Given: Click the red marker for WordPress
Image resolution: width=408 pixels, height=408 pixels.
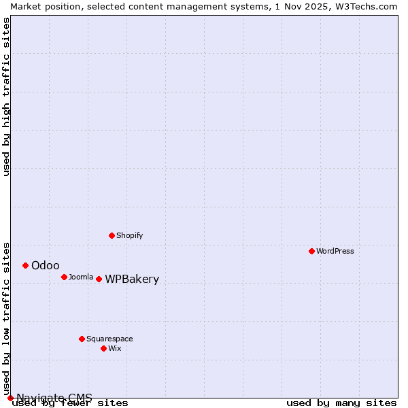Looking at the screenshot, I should (311, 251).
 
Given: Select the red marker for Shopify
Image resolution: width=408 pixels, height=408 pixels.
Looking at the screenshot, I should (112, 235).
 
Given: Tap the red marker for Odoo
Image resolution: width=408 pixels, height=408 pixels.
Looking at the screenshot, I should (25, 265).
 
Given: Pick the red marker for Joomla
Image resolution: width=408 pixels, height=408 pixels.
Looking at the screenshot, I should (64, 277).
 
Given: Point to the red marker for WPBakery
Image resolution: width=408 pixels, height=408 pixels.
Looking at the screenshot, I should (99, 279).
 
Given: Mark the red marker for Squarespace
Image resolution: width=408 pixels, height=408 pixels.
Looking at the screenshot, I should (82, 339).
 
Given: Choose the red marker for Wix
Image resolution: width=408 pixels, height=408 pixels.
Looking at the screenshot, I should (103, 348).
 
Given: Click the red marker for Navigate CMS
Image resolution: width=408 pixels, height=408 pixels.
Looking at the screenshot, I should (10, 398).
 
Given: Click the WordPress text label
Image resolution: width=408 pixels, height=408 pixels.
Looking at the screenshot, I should (335, 251).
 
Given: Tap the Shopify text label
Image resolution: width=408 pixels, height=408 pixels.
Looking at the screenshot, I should (129, 235).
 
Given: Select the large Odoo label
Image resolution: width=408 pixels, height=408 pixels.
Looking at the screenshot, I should (46, 265).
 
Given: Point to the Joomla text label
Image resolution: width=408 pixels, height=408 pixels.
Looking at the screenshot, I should (81, 277).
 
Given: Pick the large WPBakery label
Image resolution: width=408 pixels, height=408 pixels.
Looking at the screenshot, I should (132, 279).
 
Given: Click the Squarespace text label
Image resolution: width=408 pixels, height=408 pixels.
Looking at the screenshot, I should (109, 339).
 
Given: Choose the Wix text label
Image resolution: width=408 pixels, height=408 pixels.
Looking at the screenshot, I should (114, 348).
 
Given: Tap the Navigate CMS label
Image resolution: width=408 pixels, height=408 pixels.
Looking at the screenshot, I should (54, 398).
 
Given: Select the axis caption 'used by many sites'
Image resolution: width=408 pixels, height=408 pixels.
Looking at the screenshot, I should (341, 403).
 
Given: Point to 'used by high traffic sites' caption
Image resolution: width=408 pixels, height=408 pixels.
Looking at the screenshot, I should (6, 97).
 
